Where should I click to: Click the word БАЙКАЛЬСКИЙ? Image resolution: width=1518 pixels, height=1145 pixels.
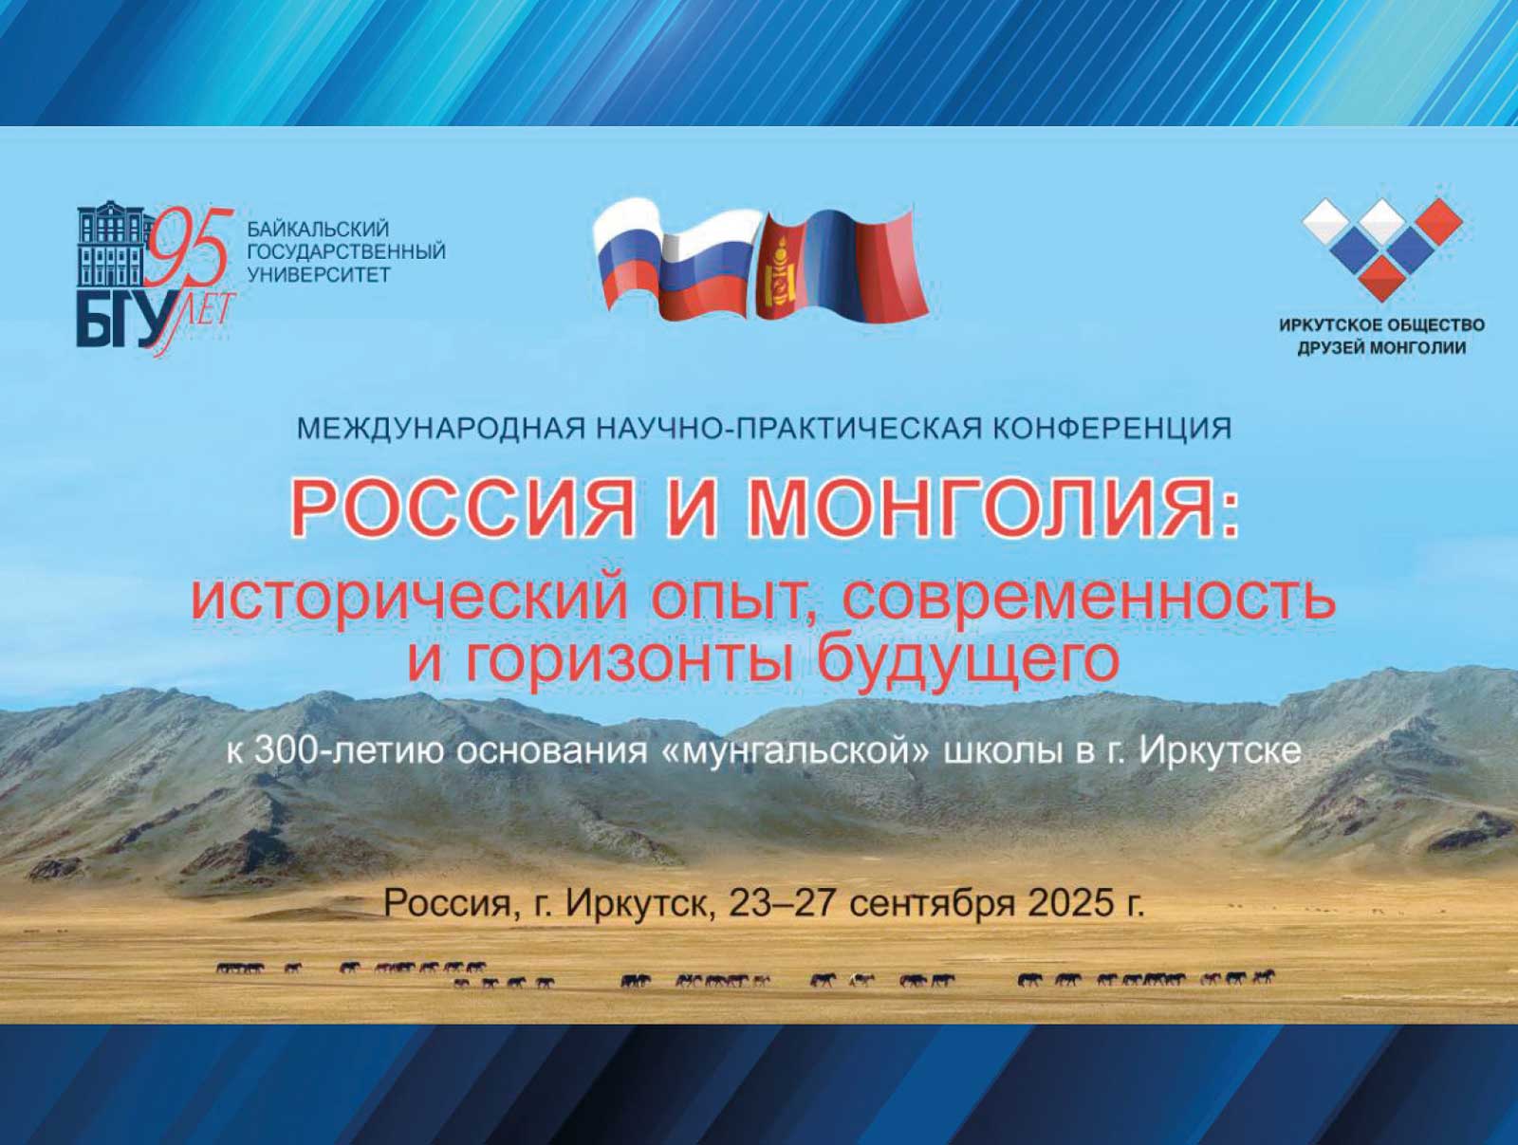tap(319, 229)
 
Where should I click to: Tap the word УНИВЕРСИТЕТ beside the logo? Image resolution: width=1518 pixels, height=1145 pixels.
tap(319, 274)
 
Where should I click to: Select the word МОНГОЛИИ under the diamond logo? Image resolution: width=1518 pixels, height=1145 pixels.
tap(1417, 348)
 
